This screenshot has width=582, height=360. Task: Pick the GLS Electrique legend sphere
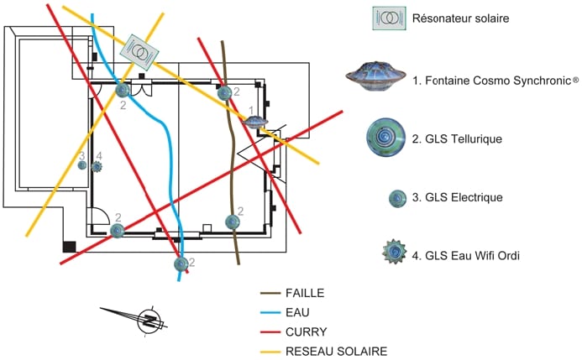click(x=397, y=198)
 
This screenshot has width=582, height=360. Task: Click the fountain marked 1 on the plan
click(x=254, y=123)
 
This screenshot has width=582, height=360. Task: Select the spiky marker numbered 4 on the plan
click(x=97, y=166)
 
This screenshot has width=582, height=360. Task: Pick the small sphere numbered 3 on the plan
click(x=82, y=164)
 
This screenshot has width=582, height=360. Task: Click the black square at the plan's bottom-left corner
click(x=71, y=247)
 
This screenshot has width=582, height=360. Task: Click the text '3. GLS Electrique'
click(x=458, y=198)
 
